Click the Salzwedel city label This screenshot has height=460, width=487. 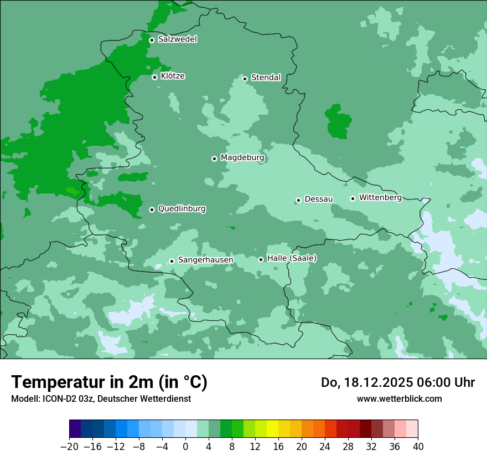(x=177, y=39)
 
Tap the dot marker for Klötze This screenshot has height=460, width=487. (x=155, y=77)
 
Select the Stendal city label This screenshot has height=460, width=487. (x=266, y=78)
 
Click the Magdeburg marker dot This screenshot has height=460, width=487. (x=215, y=159)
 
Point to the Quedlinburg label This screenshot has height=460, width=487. (x=182, y=209)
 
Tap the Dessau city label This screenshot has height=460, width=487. (x=319, y=199)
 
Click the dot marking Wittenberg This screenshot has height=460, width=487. (x=353, y=198)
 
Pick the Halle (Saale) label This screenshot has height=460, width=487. (x=292, y=258)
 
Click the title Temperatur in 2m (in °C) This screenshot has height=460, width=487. (x=109, y=382)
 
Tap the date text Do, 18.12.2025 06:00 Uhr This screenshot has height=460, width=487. (x=397, y=382)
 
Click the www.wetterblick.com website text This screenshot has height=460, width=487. (x=399, y=398)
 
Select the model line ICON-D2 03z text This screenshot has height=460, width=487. (x=101, y=398)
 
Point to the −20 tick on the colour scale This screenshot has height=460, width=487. (x=70, y=446)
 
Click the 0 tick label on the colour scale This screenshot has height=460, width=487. (x=185, y=446)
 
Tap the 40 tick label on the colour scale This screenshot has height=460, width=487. (x=418, y=446)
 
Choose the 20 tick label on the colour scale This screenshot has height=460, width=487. (x=302, y=446)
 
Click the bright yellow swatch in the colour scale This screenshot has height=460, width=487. (x=272, y=429)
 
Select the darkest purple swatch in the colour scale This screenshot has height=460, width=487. (x=75, y=429)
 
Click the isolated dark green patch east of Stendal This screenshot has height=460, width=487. (x=338, y=121)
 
